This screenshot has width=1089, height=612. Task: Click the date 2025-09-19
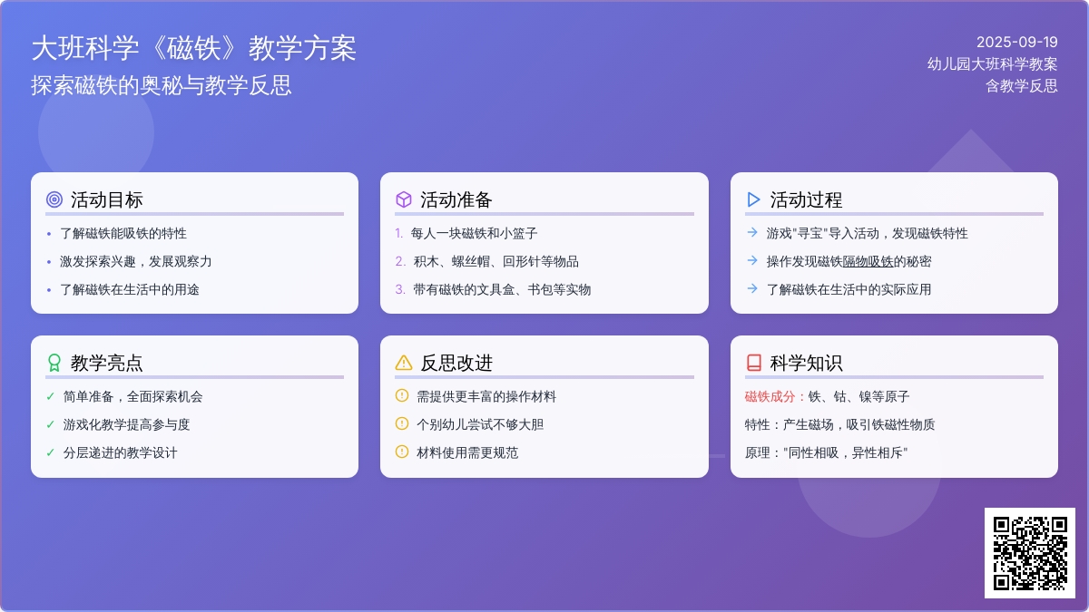tap(1017, 43)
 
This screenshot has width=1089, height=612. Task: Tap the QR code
tap(1030, 553)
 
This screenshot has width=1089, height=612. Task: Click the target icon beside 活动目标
tap(54, 199)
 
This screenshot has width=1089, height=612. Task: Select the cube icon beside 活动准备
tap(404, 199)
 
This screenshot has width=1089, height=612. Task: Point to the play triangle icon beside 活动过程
tap(753, 199)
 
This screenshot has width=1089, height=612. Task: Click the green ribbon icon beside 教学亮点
tap(54, 363)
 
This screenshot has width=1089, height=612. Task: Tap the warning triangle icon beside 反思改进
tap(404, 363)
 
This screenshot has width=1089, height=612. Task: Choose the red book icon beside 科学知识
tap(753, 363)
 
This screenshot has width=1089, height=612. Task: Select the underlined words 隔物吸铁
tap(868, 262)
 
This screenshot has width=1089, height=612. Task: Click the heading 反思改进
tap(456, 364)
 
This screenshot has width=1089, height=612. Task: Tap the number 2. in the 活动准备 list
tap(400, 262)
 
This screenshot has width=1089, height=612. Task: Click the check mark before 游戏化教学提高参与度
tap(50, 425)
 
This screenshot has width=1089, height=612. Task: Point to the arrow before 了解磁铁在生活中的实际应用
tap(752, 288)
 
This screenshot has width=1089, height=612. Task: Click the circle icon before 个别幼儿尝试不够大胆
tap(402, 423)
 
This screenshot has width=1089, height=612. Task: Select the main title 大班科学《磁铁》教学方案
tap(194, 49)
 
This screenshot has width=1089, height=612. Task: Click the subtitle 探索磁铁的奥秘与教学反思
tap(162, 85)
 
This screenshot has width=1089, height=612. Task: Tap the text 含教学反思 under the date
tap(1022, 86)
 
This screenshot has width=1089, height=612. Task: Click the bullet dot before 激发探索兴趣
tap(49, 262)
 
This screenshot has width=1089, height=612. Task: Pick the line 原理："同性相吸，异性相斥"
tap(826, 453)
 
